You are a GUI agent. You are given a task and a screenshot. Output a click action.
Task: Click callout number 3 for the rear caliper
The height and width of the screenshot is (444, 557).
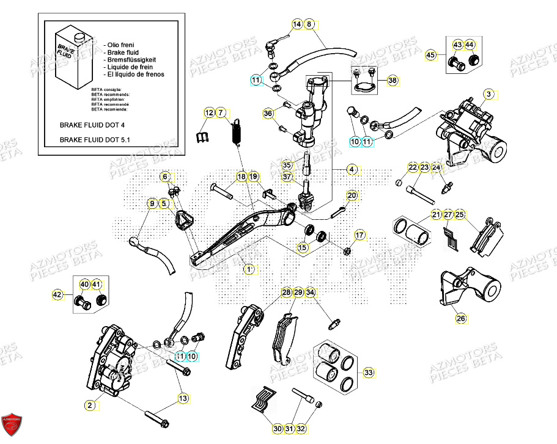(489, 94)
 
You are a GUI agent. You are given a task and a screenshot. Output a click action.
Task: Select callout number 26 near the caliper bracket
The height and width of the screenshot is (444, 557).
(460, 317)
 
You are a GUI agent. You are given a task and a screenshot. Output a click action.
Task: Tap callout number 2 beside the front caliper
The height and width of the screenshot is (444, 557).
(89, 405)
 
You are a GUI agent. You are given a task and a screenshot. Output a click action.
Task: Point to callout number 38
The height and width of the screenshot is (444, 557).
(393, 80)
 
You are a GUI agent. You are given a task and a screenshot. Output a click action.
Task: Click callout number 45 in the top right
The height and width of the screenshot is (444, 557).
(431, 55)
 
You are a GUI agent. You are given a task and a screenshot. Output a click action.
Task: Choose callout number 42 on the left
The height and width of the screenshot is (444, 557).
(57, 295)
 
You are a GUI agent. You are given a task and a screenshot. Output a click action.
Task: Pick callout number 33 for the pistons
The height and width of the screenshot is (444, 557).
(368, 372)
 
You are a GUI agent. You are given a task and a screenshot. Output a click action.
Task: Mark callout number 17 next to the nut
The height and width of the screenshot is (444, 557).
(360, 235)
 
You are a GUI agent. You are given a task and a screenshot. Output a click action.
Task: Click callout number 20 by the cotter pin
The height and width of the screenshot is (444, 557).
(352, 195)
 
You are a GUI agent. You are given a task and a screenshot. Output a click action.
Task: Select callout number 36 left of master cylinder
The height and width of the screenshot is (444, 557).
(268, 114)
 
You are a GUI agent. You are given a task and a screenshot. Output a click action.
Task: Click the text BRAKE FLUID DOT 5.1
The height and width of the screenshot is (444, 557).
(95, 139)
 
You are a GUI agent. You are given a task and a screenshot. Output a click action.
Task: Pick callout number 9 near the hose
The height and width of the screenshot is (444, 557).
(152, 203)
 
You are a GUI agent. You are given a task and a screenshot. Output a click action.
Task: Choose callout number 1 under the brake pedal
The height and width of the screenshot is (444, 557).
(248, 269)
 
